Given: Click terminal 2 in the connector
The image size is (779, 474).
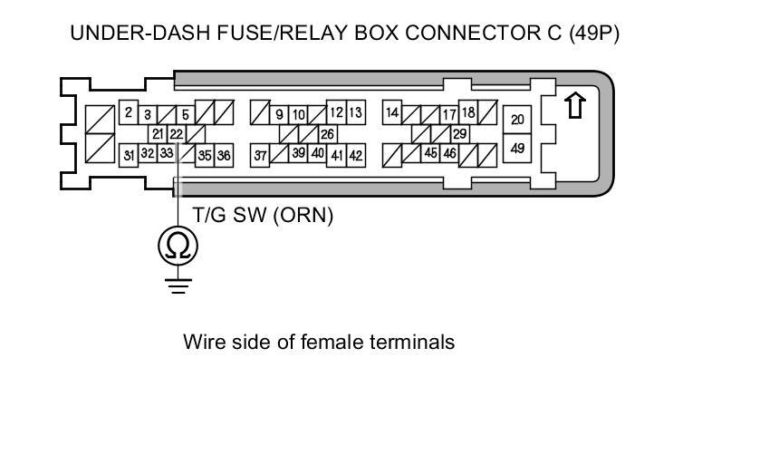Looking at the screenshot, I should click(129, 113).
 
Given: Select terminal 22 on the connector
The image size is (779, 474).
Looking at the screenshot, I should click(176, 133).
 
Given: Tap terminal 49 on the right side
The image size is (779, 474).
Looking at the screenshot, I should click(517, 148).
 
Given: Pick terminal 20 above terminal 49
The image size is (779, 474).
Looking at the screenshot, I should click(517, 121).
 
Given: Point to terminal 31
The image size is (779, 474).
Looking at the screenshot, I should click(129, 155).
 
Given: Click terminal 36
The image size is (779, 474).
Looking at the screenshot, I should click(223, 155).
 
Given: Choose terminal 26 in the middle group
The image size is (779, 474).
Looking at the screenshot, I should click(327, 134).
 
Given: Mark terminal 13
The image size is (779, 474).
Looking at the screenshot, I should click(355, 113).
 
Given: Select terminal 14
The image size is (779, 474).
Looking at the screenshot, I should click(392, 113).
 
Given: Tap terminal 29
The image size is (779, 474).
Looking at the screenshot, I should click(459, 134).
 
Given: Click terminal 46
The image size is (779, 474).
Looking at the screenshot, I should click(449, 154).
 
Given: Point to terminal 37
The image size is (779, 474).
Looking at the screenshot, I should click(260, 155).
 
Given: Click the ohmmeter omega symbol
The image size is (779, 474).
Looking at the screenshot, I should click(178, 245).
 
